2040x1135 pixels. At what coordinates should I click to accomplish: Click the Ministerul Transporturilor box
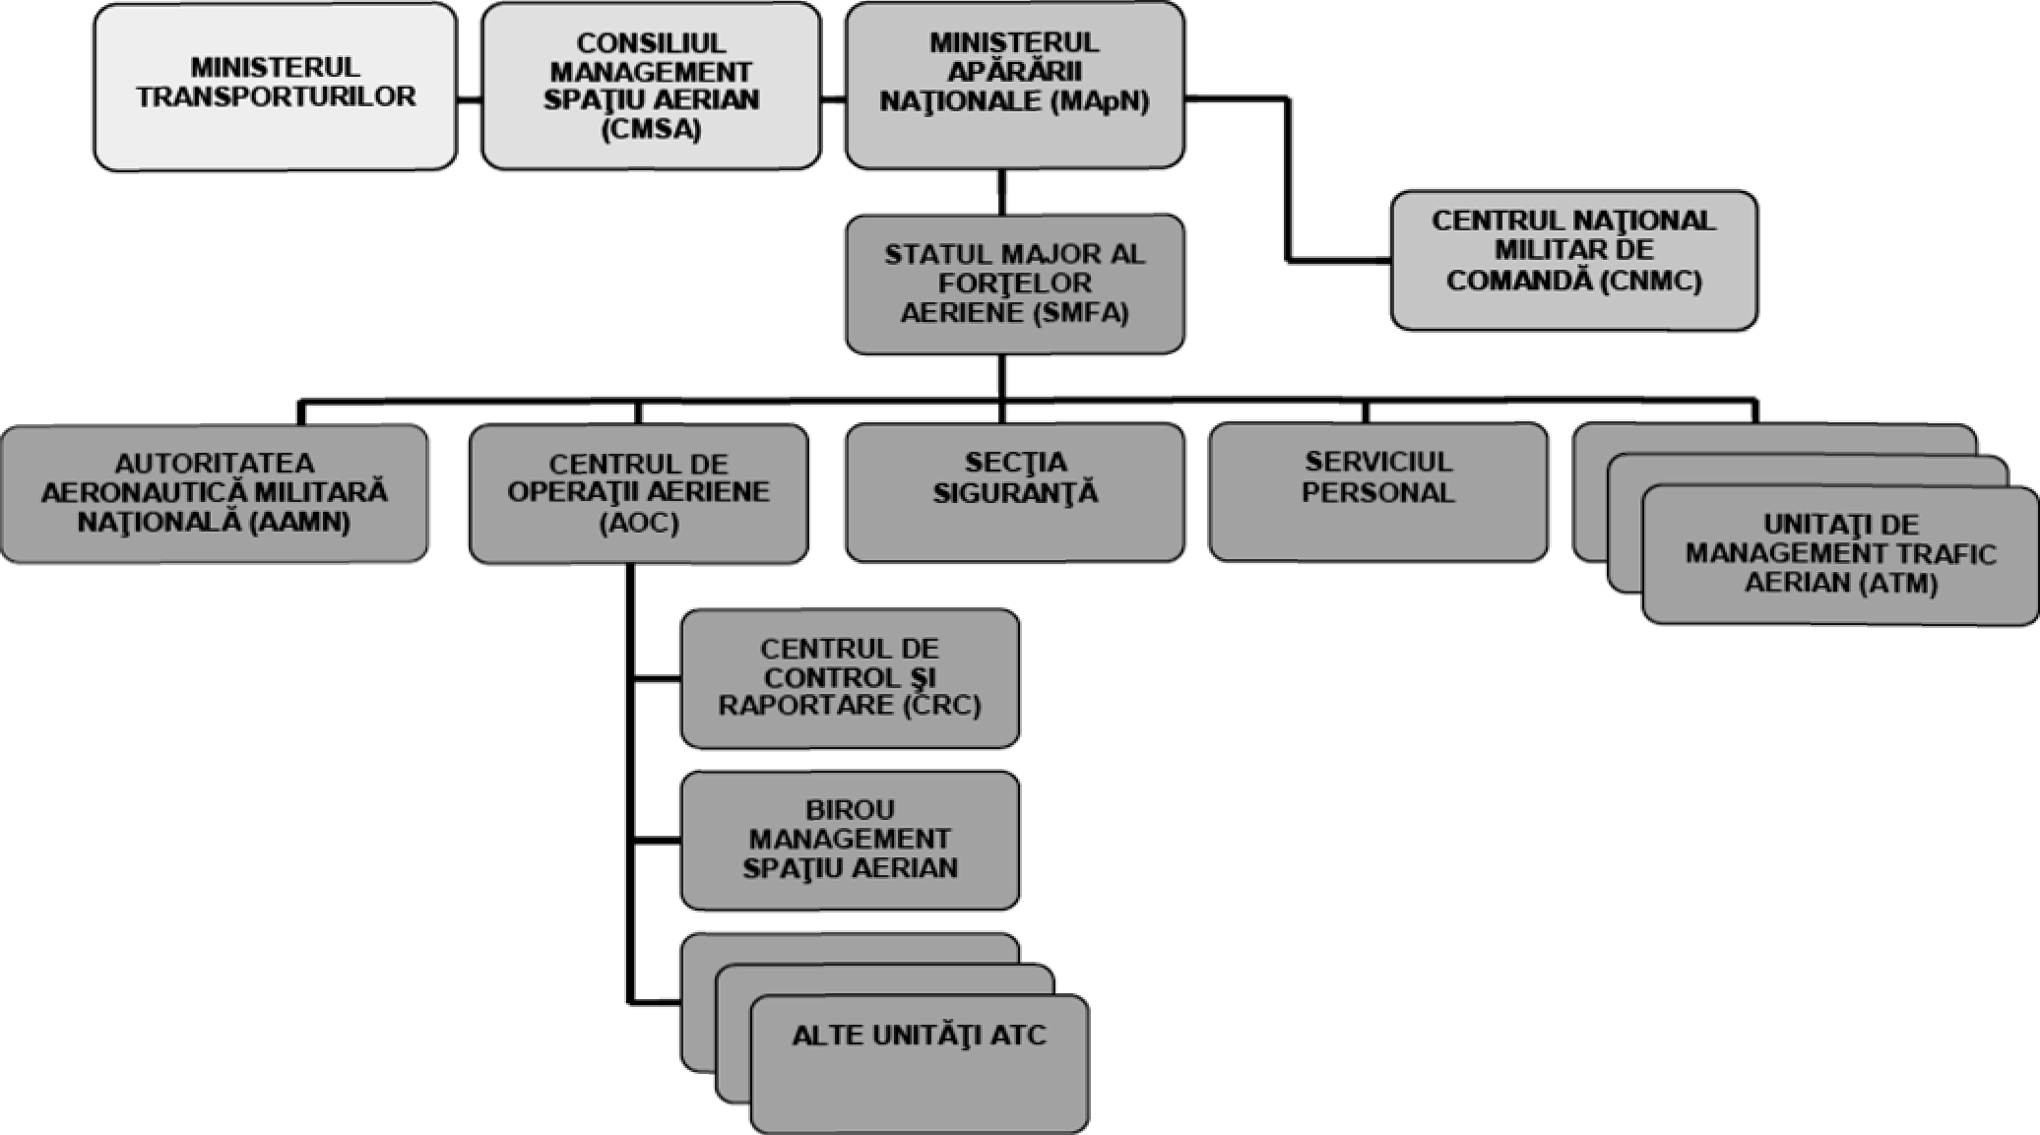coord(275,87)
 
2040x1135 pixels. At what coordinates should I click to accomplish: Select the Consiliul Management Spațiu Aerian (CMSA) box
coord(651,87)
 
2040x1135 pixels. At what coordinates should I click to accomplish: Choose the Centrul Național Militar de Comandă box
coord(1573,260)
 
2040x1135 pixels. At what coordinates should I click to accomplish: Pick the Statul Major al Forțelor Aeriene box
coord(1014,284)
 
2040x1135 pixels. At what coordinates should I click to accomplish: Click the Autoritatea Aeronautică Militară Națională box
coord(214,492)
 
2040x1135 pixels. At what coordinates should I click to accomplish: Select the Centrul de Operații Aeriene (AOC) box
coord(638,492)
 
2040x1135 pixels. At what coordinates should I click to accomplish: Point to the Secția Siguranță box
coord(1014,492)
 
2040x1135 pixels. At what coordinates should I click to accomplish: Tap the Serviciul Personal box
coord(1377,492)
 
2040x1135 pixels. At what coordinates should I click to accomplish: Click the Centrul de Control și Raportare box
coord(850,678)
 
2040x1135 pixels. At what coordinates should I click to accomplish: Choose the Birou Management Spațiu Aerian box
coord(850,840)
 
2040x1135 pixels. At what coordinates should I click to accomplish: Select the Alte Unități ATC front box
coord(919,1063)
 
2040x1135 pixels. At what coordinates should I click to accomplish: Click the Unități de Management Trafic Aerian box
coord(1840,554)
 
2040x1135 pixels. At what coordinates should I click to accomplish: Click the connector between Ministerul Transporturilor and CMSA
coord(469,99)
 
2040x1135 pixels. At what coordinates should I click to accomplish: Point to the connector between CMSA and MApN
coord(833,99)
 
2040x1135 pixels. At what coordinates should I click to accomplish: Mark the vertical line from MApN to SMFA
coord(1001,192)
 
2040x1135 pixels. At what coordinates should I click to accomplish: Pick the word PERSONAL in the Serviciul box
coord(1377,493)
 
